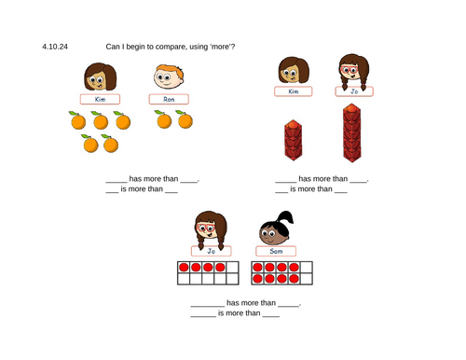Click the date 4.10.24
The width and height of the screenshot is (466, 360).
55,47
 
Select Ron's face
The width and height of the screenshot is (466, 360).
169,76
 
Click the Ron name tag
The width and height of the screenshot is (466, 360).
169,99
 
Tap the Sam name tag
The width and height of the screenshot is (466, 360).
276,251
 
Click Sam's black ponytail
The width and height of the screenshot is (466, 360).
285,217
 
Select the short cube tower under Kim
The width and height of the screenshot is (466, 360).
294,140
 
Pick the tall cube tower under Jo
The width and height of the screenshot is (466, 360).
352,132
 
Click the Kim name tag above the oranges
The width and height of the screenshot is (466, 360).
100,99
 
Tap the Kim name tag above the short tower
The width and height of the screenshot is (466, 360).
294,91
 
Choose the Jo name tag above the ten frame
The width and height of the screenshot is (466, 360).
212,251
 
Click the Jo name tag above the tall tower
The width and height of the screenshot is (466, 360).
354,91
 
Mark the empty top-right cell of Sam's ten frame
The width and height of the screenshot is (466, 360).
307,268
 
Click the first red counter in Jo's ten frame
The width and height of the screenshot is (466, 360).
184,268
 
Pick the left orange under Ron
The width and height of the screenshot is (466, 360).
163,119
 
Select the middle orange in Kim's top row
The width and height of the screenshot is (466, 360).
100,120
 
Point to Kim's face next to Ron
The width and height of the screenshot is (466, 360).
101,76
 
